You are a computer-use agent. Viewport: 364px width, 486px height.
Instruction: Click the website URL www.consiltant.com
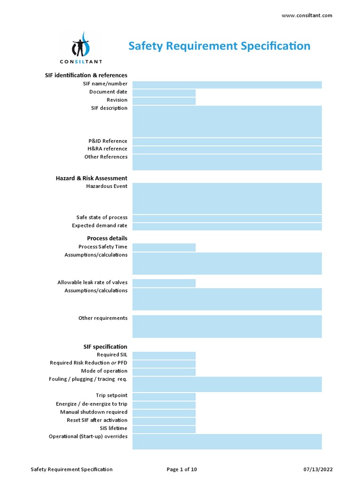tap(307, 15)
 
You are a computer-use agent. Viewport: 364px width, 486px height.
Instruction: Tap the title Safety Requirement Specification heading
tap(219, 46)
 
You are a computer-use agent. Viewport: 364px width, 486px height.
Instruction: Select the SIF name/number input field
tap(227, 84)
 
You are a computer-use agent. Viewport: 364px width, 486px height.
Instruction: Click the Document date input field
tap(164, 93)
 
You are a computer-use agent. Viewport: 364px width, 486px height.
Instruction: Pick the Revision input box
tap(164, 101)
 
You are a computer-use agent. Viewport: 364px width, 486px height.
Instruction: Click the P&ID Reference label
tap(108, 141)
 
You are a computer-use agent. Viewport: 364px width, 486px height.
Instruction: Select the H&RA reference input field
tap(227, 150)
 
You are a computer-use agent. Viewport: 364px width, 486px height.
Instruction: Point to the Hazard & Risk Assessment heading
tap(91, 178)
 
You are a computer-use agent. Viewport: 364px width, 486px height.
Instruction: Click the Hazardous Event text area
tap(227, 198)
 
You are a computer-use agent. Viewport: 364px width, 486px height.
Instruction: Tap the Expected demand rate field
tap(227, 226)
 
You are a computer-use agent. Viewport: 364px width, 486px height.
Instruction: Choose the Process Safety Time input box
tap(164, 247)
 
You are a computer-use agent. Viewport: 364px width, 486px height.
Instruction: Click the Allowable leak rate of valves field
tap(164, 283)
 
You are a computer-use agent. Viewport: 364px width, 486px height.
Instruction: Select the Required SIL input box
tap(164, 355)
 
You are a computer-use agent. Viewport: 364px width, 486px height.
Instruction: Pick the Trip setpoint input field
tap(164, 396)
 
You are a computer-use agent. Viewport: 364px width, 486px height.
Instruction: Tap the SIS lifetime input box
tap(164, 429)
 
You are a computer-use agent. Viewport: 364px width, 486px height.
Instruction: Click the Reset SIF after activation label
tap(97, 420)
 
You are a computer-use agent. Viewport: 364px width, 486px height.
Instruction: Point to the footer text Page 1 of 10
tap(182, 469)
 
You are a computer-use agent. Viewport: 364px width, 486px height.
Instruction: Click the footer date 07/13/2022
tap(318, 469)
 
